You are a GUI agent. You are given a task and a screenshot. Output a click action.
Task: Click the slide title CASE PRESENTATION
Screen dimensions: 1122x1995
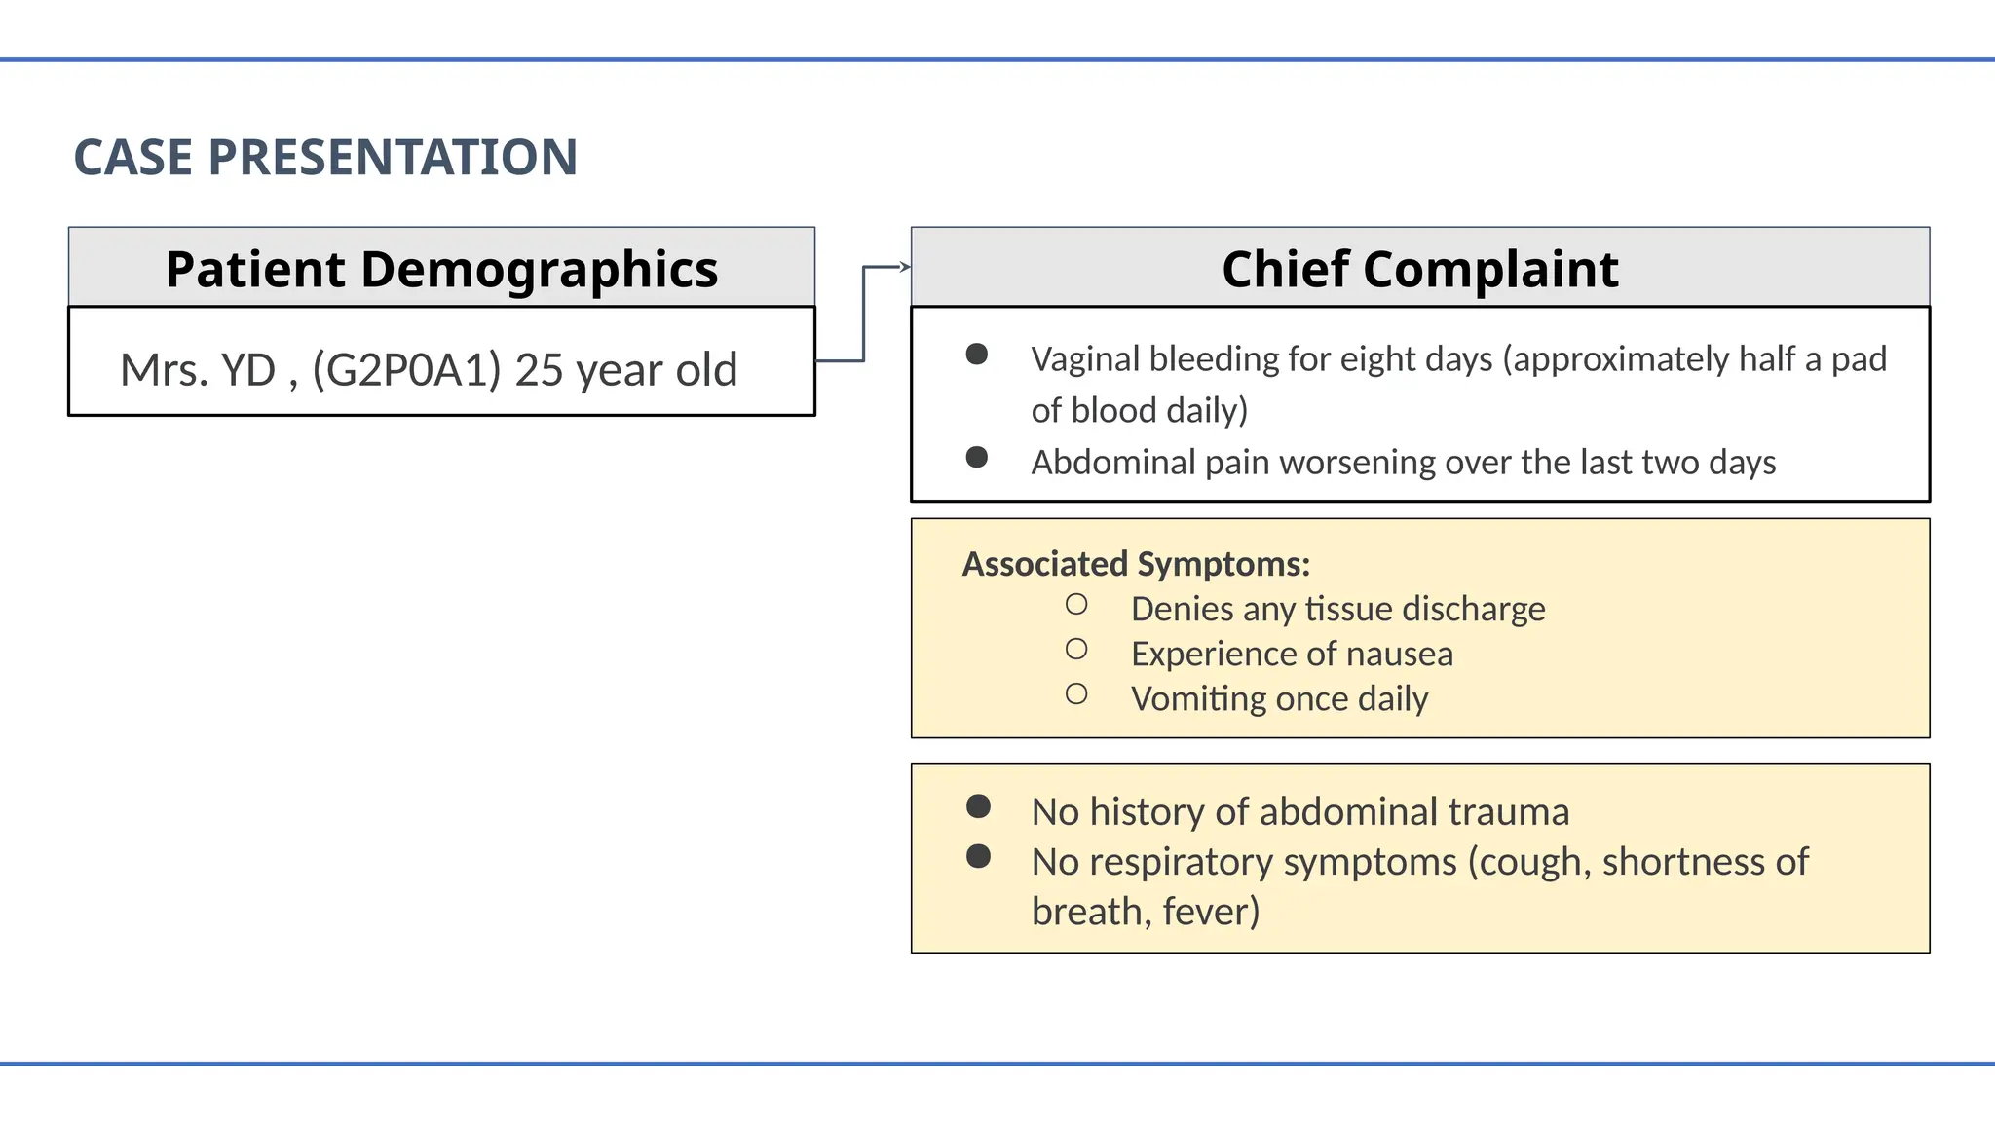[325, 158]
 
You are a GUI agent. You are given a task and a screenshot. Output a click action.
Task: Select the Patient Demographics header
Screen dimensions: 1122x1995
[441, 269]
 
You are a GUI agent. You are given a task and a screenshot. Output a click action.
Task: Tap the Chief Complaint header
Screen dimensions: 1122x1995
[1419, 269]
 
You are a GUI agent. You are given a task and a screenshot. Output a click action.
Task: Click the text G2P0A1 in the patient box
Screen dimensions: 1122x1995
[406, 370]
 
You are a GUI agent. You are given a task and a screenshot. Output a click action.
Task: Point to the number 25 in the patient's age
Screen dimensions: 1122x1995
[539, 370]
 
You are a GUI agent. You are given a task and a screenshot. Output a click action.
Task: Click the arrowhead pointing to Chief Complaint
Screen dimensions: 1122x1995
[905, 267]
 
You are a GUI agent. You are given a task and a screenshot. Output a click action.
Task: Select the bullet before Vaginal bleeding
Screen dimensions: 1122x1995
[977, 355]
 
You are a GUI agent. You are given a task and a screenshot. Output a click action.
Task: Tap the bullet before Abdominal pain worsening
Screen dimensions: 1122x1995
[977, 457]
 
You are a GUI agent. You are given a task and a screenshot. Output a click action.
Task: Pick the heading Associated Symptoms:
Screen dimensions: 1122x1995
[1136, 564]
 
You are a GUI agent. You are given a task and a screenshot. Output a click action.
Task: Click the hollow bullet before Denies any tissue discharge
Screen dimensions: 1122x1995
[1076, 605]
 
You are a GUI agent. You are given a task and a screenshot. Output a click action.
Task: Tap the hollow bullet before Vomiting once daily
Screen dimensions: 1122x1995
[1076, 694]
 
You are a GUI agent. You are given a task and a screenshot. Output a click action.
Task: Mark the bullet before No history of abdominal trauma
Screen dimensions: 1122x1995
[978, 806]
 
